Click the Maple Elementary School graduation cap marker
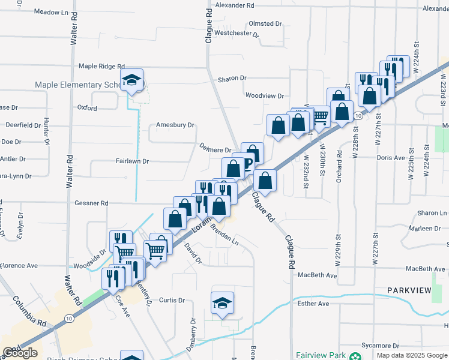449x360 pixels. click(131, 80)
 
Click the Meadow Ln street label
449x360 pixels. click(51, 12)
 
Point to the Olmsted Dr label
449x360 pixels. click(265, 23)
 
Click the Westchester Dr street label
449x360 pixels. click(237, 34)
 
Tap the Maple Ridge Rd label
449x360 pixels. click(101, 67)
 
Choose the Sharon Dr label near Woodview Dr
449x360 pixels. click(232, 79)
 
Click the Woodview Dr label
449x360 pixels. click(264, 95)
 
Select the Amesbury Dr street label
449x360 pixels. click(175, 125)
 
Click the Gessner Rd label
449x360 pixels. click(91, 203)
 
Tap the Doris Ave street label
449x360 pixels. click(391, 158)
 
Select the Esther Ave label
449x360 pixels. click(313, 304)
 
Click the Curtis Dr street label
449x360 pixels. click(172, 300)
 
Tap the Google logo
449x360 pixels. click(20, 353)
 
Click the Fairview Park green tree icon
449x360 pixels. click(356, 356)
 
